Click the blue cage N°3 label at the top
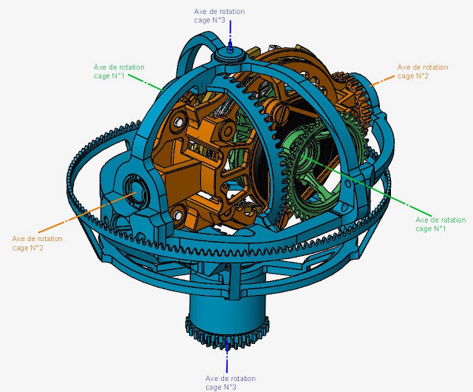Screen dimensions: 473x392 pyautogui.click(x=220, y=16)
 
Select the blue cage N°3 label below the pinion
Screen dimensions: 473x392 pyautogui.click(x=231, y=382)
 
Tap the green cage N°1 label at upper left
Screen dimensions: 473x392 pyautogui.click(x=119, y=71)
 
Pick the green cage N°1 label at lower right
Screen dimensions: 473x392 pyautogui.click(x=440, y=224)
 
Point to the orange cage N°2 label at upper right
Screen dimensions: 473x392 pyautogui.click(x=423, y=71)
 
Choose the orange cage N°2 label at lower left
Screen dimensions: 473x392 pyautogui.click(x=38, y=243)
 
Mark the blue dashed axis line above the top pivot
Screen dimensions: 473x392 pyautogui.click(x=230, y=36)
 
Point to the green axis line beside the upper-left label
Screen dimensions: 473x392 pyautogui.click(x=146, y=82)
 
